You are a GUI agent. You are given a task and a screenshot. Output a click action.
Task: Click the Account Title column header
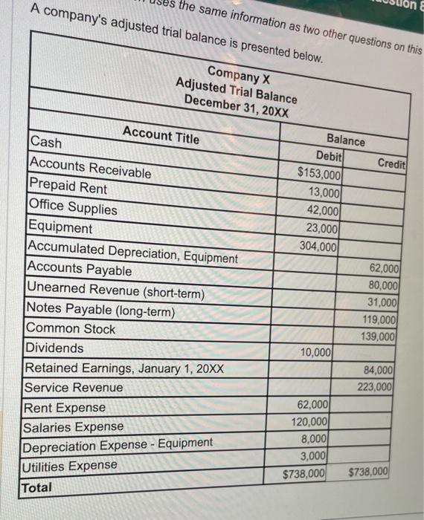pyautogui.click(x=161, y=135)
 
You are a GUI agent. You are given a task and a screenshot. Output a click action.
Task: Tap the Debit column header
pyautogui.click(x=329, y=156)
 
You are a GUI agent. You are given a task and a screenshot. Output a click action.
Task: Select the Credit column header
pyautogui.click(x=391, y=163)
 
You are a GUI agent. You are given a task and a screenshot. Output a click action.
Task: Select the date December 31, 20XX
pyautogui.click(x=237, y=105)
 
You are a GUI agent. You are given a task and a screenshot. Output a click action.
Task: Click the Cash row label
pyautogui.click(x=46, y=142)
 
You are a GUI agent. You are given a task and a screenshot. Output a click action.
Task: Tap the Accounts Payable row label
pyautogui.click(x=80, y=270)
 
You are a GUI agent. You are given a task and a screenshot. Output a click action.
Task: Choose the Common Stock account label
pyautogui.click(x=71, y=328)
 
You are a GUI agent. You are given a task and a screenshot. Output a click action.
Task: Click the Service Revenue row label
pyautogui.click(x=74, y=387)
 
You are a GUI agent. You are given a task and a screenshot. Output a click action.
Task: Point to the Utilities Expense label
pyautogui.click(x=71, y=465)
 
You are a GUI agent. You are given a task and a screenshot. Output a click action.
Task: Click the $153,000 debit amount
pyautogui.click(x=319, y=175)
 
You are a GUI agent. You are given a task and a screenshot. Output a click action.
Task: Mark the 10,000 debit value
pyautogui.click(x=316, y=352)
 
